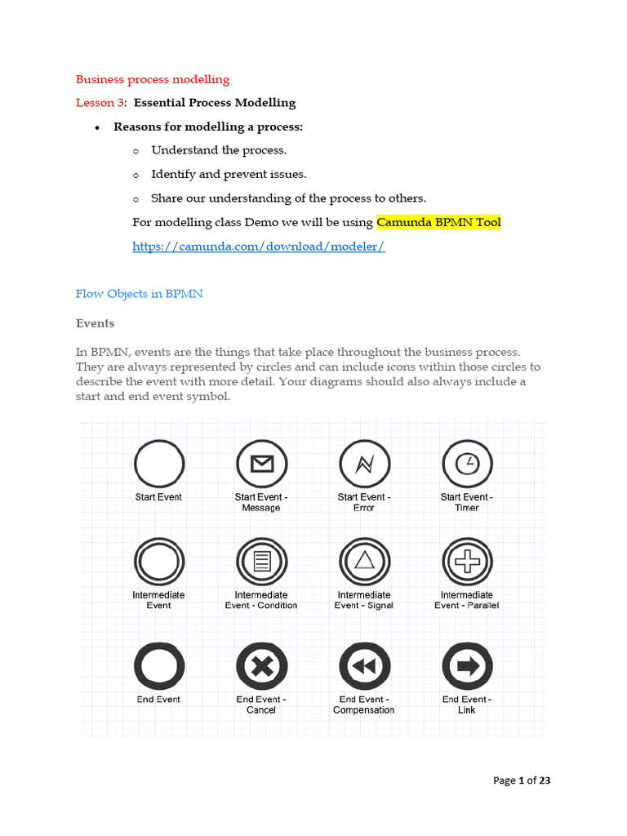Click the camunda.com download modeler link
pyautogui.click(x=258, y=247)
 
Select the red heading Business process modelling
pyautogui.click(x=153, y=79)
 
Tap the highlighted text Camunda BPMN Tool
pyautogui.click(x=438, y=222)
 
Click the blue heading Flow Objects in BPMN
pyautogui.click(x=139, y=294)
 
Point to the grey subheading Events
pyautogui.click(x=96, y=323)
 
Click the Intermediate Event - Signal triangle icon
pyautogui.click(x=364, y=562)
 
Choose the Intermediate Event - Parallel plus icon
pyautogui.click(x=467, y=562)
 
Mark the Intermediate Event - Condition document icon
pyautogui.click(x=261, y=562)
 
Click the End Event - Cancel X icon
pyautogui.click(x=261, y=667)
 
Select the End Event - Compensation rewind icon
pyautogui.click(x=364, y=667)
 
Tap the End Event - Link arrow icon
pyautogui.click(x=467, y=667)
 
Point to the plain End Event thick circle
pyautogui.click(x=159, y=667)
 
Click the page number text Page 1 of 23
pyautogui.click(x=522, y=780)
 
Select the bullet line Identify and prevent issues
pyautogui.click(x=229, y=174)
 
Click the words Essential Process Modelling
pyautogui.click(x=215, y=103)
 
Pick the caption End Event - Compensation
pyautogui.click(x=364, y=705)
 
